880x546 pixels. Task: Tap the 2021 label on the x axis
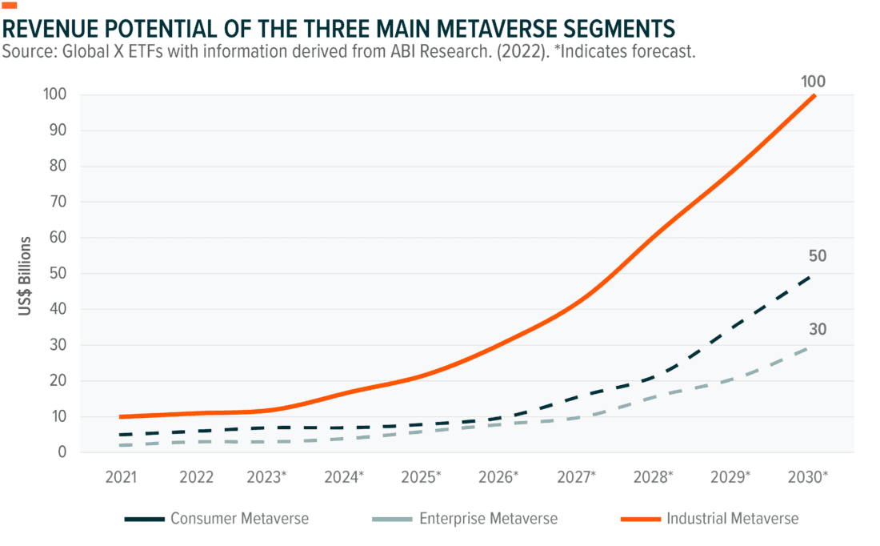coord(122,477)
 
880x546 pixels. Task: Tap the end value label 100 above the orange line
coord(812,82)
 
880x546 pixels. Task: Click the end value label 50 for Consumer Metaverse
coord(817,257)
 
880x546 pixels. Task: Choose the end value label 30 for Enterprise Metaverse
coord(817,330)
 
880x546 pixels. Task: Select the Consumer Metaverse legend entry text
coord(239,519)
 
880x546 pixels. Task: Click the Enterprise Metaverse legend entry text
coord(488,519)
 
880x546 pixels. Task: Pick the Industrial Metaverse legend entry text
coord(732,519)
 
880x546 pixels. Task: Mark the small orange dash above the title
coord(10,5)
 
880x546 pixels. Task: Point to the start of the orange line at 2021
coord(122,416)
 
